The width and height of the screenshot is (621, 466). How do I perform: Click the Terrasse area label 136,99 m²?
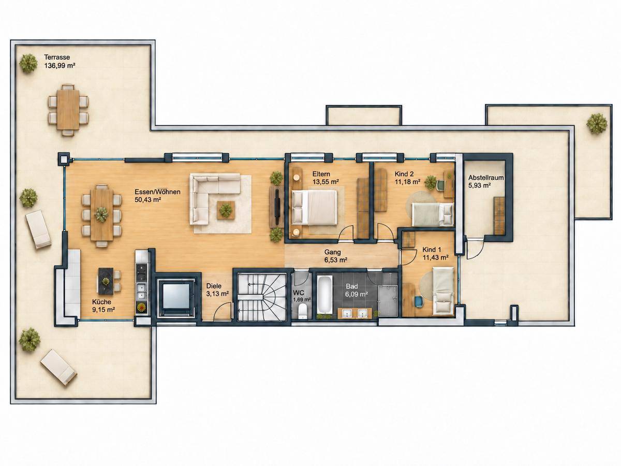click(x=60, y=66)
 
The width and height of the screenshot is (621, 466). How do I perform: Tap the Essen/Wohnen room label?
click(x=158, y=192)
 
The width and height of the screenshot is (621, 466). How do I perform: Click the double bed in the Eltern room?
click(x=314, y=208)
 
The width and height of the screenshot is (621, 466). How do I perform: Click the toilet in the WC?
click(x=302, y=311)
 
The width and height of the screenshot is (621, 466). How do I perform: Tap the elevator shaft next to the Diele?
click(x=176, y=295)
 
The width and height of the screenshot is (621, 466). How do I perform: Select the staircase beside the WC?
click(x=261, y=297)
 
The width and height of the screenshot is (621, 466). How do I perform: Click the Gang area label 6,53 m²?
click(x=336, y=260)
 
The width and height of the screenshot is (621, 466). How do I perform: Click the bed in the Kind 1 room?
click(x=443, y=291)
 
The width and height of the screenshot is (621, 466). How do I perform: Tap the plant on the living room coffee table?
click(x=226, y=210)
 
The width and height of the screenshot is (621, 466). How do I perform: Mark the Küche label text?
click(x=101, y=302)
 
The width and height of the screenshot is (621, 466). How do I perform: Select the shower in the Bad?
click(x=388, y=300)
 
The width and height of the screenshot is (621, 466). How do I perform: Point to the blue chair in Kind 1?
click(x=419, y=302)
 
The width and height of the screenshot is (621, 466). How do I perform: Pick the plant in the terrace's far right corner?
click(x=596, y=123)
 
